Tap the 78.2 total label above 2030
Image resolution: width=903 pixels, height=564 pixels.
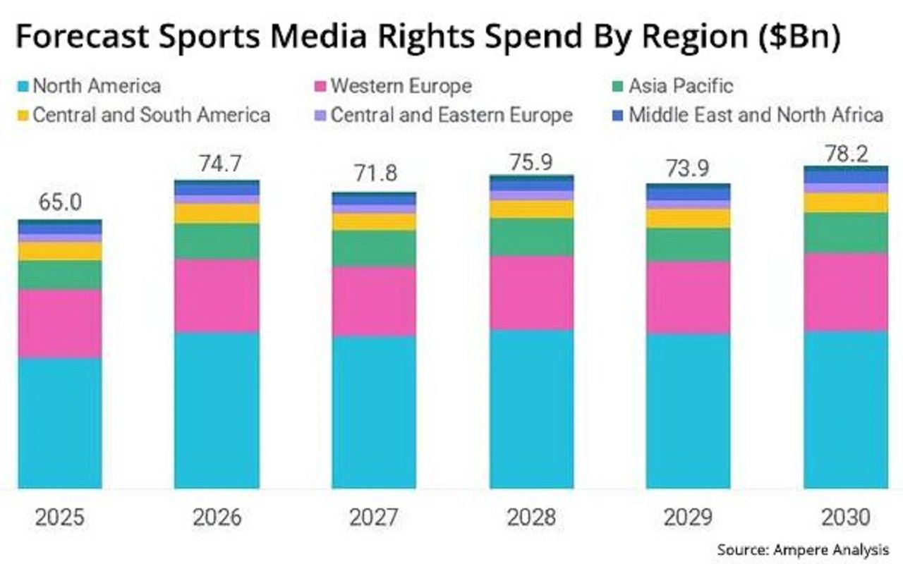point(846,154)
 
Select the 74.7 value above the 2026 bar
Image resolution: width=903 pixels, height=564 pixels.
point(217,164)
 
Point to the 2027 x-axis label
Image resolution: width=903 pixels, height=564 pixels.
point(374,517)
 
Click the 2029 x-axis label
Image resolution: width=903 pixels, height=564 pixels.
point(688,517)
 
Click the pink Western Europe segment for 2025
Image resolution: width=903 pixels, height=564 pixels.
point(60,324)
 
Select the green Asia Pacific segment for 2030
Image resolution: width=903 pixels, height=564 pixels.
point(846,233)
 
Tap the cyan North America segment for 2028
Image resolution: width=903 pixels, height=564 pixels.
point(531,409)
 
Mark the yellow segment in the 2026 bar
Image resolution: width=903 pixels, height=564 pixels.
point(217,214)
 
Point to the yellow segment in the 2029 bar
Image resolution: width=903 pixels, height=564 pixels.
point(688,218)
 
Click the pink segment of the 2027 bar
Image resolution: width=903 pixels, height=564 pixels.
point(374,301)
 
